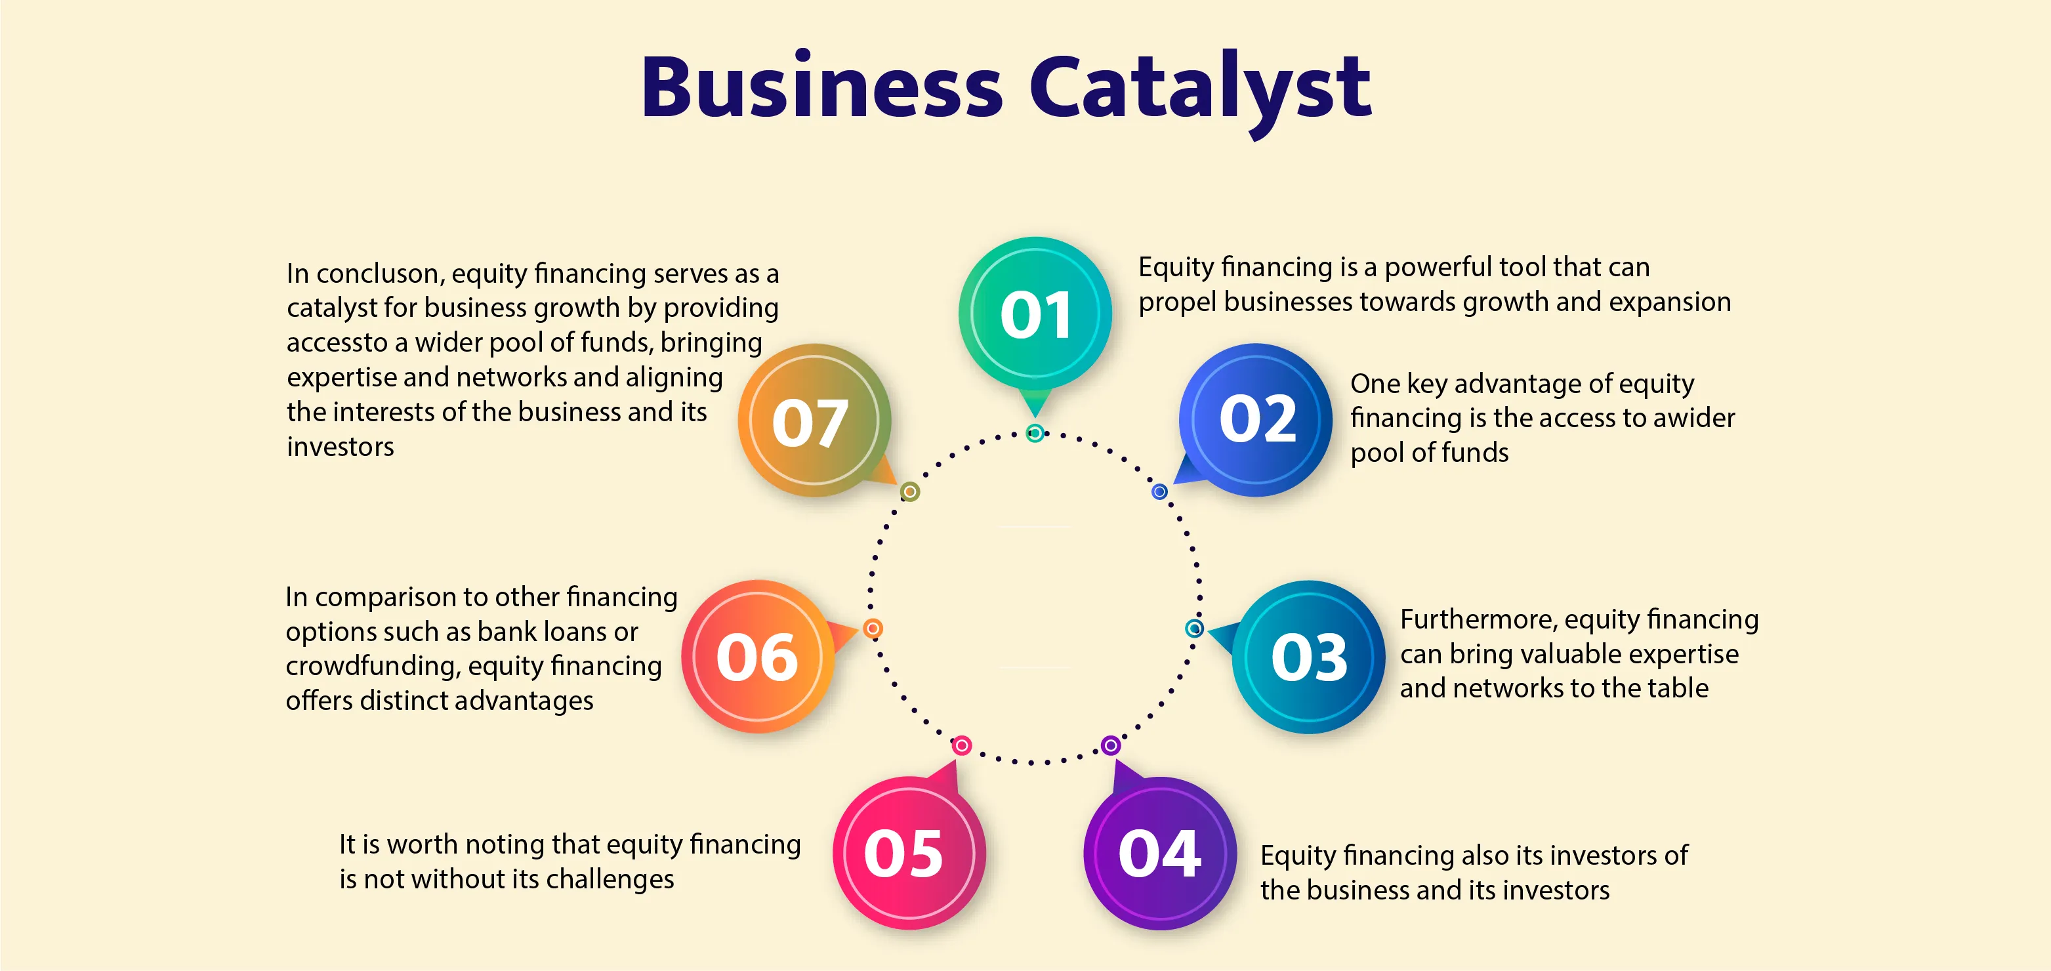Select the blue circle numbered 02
coord(1256,419)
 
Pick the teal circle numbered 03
coord(1308,657)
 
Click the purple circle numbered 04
coord(1160,853)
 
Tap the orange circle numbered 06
coord(757,657)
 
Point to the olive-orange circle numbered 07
coord(813,421)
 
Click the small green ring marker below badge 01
coord(1035,433)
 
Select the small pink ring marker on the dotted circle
coord(962,746)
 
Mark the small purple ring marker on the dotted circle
coord(1111,746)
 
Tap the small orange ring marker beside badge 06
coord(873,629)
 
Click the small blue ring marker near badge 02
coord(1159,492)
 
